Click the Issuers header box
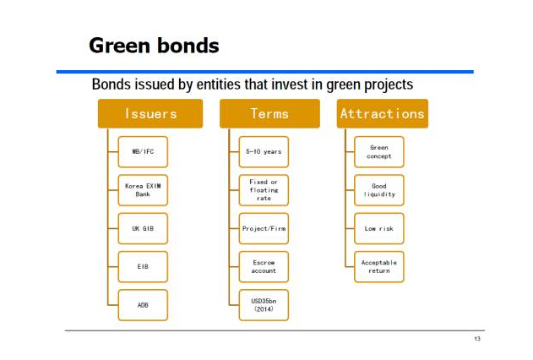(150, 113)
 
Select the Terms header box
(269, 113)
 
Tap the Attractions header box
(383, 113)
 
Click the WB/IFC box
(143, 152)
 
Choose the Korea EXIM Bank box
(143, 190)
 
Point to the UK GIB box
(143, 229)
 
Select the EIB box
(143, 267)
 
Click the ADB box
(143, 305)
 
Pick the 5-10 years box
(264, 152)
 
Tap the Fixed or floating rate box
(264, 190)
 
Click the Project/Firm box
(264, 229)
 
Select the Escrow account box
(264, 267)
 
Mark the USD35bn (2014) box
(264, 305)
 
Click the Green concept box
(379, 152)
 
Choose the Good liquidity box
(379, 190)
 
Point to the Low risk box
(379, 229)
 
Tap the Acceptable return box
(379, 267)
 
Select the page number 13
(477, 339)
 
